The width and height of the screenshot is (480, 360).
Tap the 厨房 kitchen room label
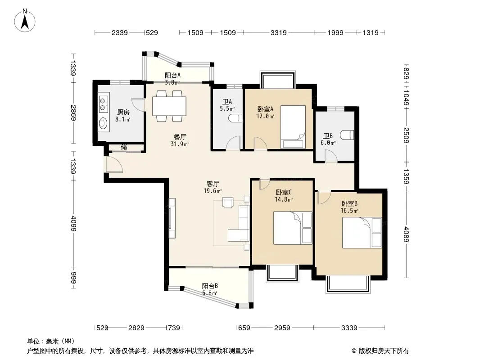(123, 112)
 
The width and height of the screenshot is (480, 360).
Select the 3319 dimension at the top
(279, 32)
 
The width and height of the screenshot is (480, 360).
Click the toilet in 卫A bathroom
(235, 118)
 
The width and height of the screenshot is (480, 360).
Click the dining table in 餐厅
(169, 106)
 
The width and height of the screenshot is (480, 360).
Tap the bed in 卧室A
(293, 127)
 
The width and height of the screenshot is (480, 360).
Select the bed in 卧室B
(362, 233)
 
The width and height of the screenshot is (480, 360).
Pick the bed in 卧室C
(293, 228)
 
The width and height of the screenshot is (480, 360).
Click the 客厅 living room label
(213, 184)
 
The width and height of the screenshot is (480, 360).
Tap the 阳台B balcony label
(210, 286)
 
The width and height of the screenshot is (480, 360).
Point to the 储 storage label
(124, 147)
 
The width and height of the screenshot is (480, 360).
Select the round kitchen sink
(103, 123)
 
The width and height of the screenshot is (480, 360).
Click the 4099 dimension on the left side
(73, 223)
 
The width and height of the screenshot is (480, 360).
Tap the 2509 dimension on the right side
(406, 135)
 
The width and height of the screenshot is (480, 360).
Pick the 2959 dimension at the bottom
(282, 328)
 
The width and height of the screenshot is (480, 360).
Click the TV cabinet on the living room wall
(172, 218)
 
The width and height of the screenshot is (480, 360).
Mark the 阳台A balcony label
(172, 75)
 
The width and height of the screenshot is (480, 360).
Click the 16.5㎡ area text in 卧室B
(349, 211)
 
